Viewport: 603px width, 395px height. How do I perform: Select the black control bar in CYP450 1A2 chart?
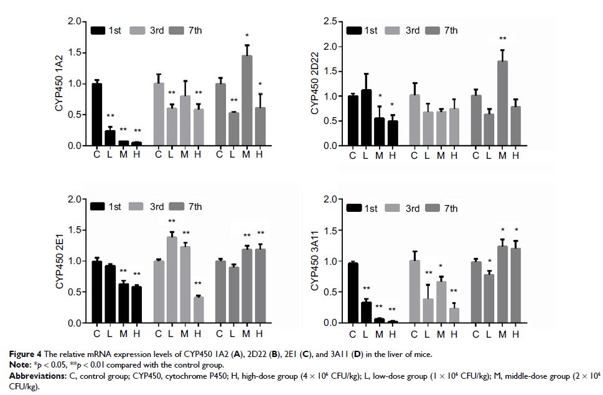(96, 115)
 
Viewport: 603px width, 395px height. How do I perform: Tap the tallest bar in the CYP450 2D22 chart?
(502, 103)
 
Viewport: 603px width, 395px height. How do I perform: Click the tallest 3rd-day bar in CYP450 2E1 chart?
(171, 280)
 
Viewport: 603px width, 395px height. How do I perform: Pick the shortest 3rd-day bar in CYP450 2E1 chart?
(197, 310)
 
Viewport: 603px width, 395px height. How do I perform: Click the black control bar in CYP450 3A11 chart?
(352, 293)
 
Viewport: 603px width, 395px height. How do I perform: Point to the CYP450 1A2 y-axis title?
(60, 83)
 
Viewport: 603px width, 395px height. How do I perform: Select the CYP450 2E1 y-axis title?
(60, 261)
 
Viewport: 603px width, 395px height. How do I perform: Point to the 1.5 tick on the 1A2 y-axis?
(75, 53)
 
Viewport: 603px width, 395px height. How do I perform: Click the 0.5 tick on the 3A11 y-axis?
(331, 292)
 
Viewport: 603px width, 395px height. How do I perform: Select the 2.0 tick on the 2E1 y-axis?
(75, 199)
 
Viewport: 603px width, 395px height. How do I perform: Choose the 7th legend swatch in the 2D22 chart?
(432, 30)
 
